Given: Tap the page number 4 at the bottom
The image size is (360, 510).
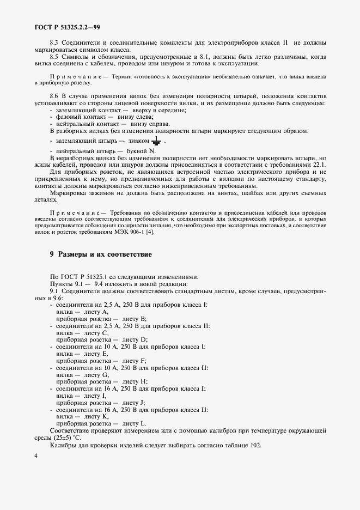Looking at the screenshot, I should pyautogui.click(x=35, y=456).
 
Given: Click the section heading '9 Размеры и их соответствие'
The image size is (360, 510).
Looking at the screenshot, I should pyautogui.click(x=100, y=254).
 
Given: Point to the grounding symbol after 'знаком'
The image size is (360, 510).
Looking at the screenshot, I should pyautogui.click(x=156, y=141).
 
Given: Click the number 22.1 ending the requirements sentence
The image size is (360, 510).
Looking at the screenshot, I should pyautogui.click(x=318, y=164).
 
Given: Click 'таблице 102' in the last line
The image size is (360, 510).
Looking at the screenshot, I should pyautogui.click(x=240, y=445).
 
